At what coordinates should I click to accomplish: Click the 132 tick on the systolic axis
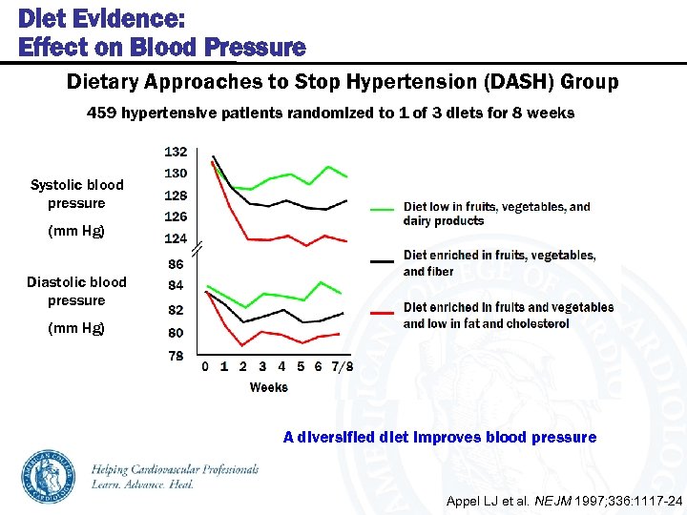[176, 152]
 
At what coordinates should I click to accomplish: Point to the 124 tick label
[176, 238]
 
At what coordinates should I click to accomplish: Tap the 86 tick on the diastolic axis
[176, 263]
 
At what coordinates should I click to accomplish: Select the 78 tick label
[176, 355]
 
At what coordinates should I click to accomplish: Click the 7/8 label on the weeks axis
[343, 366]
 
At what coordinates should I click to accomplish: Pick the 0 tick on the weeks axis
[204, 366]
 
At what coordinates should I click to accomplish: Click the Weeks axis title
[268, 387]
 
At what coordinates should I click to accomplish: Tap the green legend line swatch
[383, 207]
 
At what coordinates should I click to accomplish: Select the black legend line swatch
[383, 260]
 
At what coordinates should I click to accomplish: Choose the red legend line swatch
[383, 312]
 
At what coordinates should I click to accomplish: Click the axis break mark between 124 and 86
[198, 250]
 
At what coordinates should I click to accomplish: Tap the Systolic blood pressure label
[76, 194]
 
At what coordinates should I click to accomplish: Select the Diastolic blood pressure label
[76, 291]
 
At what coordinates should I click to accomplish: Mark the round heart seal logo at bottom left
[49, 476]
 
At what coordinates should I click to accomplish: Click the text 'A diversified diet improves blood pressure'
[440, 437]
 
